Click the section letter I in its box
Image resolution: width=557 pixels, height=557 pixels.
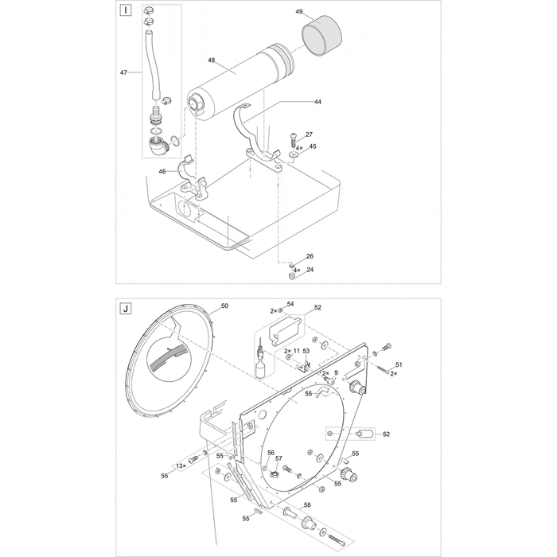[x=126, y=11]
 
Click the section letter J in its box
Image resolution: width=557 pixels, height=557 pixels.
[x=126, y=308]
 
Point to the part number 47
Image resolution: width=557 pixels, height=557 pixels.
[x=123, y=72]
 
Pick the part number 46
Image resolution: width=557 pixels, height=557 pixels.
[x=162, y=171]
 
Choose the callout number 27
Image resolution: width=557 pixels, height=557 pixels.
[x=310, y=134]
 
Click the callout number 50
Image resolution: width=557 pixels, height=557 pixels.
[x=224, y=306]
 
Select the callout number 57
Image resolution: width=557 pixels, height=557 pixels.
[x=278, y=458]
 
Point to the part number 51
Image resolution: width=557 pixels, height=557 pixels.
[x=399, y=364]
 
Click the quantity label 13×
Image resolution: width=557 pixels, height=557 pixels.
[x=181, y=465]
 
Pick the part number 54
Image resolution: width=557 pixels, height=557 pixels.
[x=290, y=304]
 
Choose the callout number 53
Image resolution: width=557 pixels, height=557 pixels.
[x=306, y=350]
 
